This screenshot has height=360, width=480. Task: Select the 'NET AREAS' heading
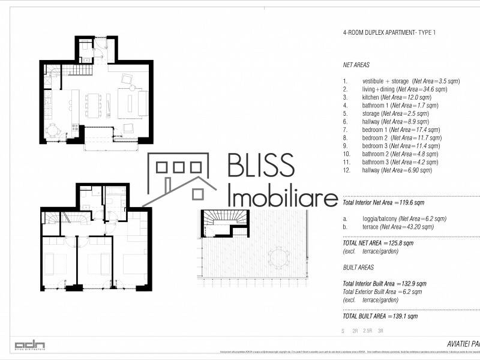coord(356,65)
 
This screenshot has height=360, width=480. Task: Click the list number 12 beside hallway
coord(346,170)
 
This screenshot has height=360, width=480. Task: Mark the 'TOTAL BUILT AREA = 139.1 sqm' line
coord(380,316)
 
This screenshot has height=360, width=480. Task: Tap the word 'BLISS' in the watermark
coord(261,165)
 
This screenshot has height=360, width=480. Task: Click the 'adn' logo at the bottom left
coord(29,345)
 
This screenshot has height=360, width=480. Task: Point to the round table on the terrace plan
coord(279,259)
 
